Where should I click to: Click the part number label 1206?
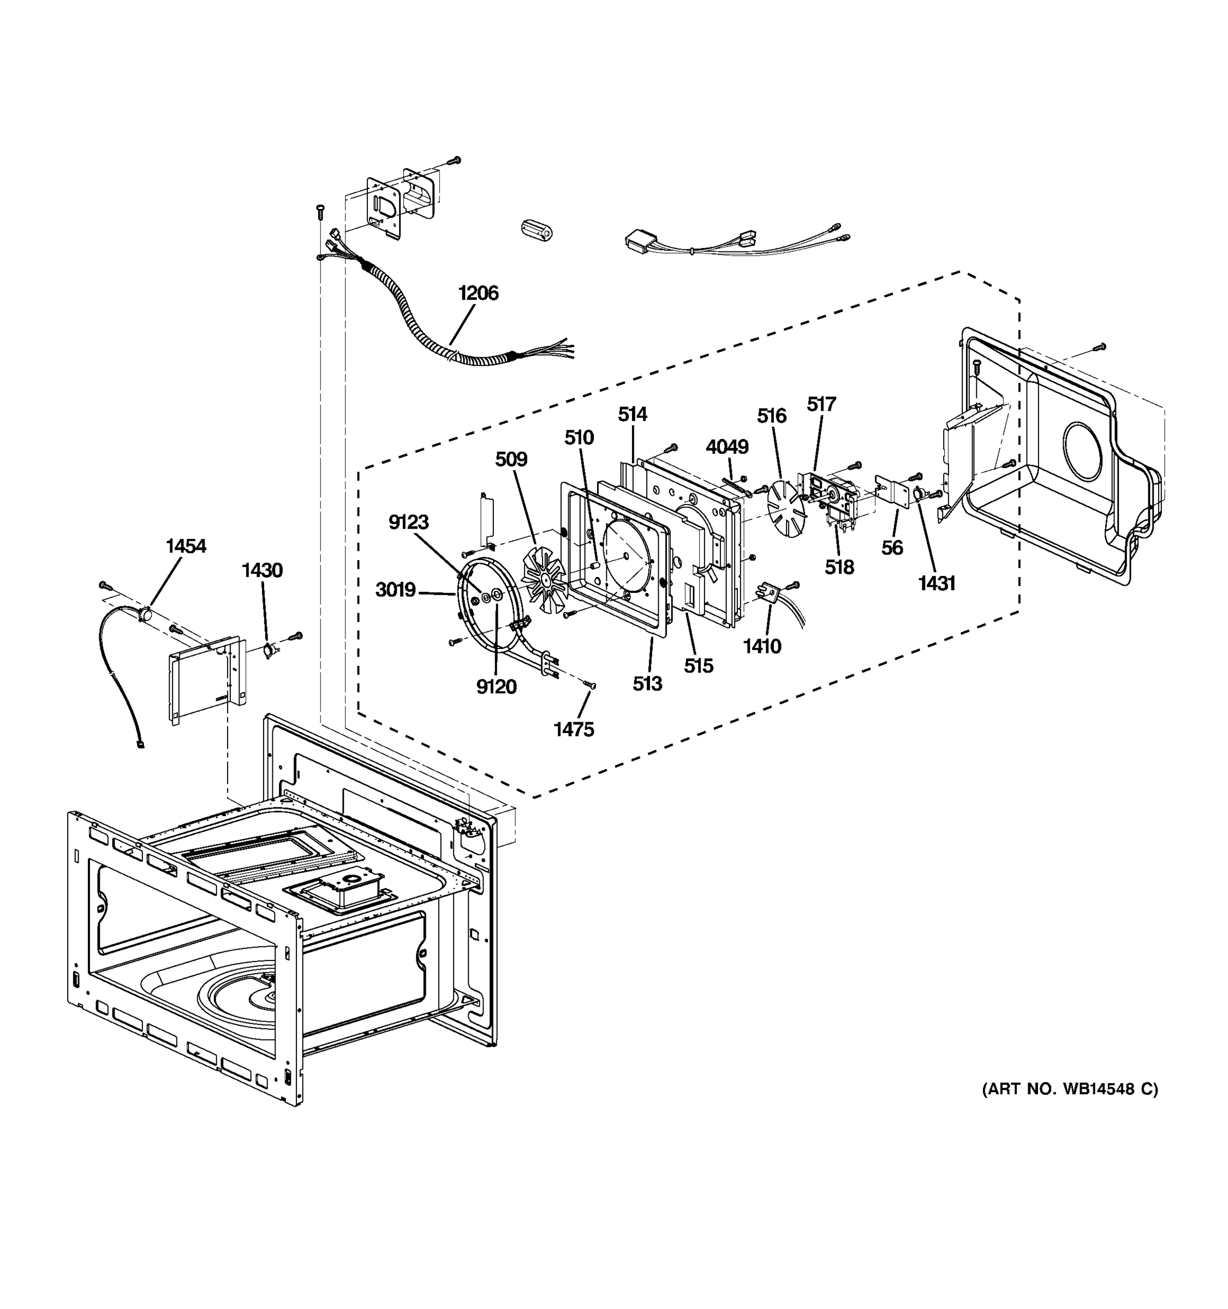478,293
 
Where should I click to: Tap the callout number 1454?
186,546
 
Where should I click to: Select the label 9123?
408,522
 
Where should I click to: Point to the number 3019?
395,590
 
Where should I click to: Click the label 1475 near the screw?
574,730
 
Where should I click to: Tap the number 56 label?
892,548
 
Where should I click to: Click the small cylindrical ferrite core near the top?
536,231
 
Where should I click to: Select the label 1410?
762,647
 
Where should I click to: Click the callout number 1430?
262,570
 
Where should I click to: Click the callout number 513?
647,684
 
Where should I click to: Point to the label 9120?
496,687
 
